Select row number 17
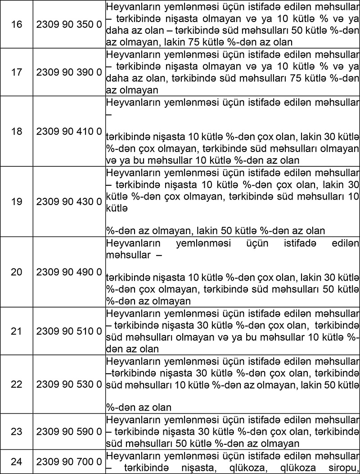[16, 72]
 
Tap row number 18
[16, 132]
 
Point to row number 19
[16, 201]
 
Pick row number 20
[16, 272]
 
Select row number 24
[16, 461]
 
